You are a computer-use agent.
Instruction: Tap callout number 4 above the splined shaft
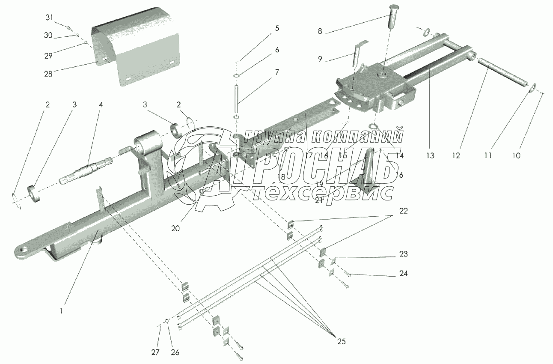point(101,104)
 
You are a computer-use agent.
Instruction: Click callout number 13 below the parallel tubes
point(430,155)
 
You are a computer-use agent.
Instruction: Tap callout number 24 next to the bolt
point(402,273)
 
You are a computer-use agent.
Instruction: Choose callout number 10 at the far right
point(516,155)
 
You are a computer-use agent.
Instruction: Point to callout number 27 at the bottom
point(155,352)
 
